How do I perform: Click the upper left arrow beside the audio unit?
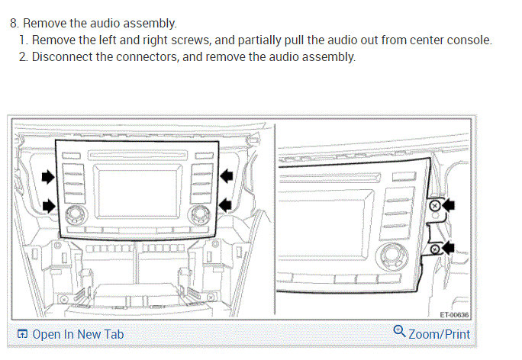[48, 176]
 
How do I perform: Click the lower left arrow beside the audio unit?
[48, 204]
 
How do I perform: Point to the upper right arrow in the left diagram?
[227, 176]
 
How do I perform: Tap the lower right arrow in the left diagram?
[227, 204]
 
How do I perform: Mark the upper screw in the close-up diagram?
[435, 206]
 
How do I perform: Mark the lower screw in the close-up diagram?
[434, 249]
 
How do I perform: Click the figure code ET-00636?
[456, 314]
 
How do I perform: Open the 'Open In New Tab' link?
[77, 334]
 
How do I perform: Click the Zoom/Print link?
[439, 334]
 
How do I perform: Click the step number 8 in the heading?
[14, 24]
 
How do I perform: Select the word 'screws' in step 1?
[163, 40]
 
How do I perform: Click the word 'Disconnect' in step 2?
[61, 56]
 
